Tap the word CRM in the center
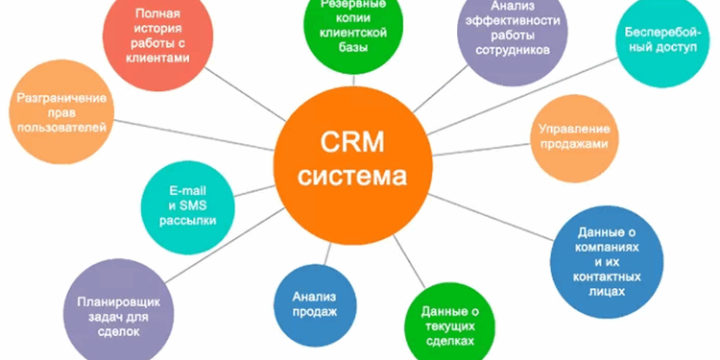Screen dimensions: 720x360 click(x=350, y=144)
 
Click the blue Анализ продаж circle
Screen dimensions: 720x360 click(x=314, y=297)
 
